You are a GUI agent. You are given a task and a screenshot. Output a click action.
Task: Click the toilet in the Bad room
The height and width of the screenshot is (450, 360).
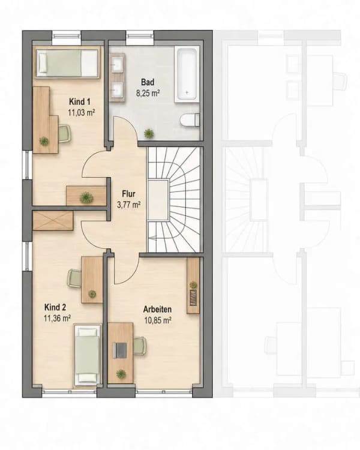pos(190,120)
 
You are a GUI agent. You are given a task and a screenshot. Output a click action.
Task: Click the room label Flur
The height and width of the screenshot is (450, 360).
pos(128,193)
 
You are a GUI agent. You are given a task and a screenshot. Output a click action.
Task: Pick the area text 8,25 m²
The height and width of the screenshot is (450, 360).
pos(148,93)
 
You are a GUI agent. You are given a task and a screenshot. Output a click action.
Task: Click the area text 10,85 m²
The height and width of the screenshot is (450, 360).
pos(158,320)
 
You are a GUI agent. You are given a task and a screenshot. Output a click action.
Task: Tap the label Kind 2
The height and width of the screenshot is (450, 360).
pos(55,307)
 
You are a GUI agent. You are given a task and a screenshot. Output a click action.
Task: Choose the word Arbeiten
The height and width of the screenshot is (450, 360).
pos(157,310)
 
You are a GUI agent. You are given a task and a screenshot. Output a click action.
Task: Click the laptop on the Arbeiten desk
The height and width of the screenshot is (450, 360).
pos(119,350)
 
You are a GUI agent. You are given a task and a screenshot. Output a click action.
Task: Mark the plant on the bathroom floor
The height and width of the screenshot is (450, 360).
pos(149,133)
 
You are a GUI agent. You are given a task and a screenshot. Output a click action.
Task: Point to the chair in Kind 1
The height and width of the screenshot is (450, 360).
pos(65,133)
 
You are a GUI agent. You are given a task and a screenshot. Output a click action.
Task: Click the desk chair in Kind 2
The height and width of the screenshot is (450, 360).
pos(74,278)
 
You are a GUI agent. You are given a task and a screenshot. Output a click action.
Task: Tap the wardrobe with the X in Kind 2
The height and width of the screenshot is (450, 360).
pos(53,220)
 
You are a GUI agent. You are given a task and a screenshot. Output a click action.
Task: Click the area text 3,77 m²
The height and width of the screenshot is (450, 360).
pos(128,205)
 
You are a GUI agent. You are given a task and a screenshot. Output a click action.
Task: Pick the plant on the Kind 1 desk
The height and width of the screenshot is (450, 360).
pos(44,140)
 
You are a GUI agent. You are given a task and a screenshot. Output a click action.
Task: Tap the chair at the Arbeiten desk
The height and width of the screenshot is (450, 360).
pos(140,346)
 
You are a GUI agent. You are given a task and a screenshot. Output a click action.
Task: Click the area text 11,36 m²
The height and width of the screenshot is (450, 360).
pos(58,318)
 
